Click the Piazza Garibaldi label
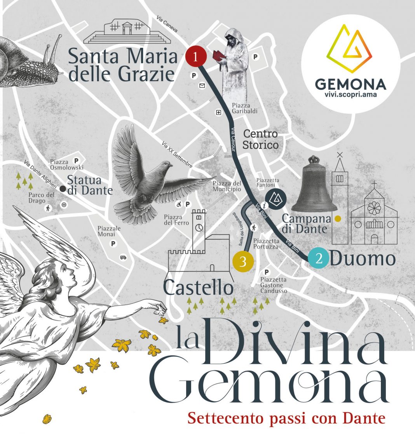pyautogui.click(x=245, y=108)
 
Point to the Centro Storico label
pyautogui.click(x=261, y=139)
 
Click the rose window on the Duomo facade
pyautogui.click(x=373, y=208)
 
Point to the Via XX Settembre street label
pyautogui.click(x=177, y=155)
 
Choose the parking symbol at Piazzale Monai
pyautogui.click(x=114, y=244)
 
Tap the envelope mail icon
pyautogui.click(x=202, y=86)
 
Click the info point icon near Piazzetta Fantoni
pyautogui.click(x=264, y=205)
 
